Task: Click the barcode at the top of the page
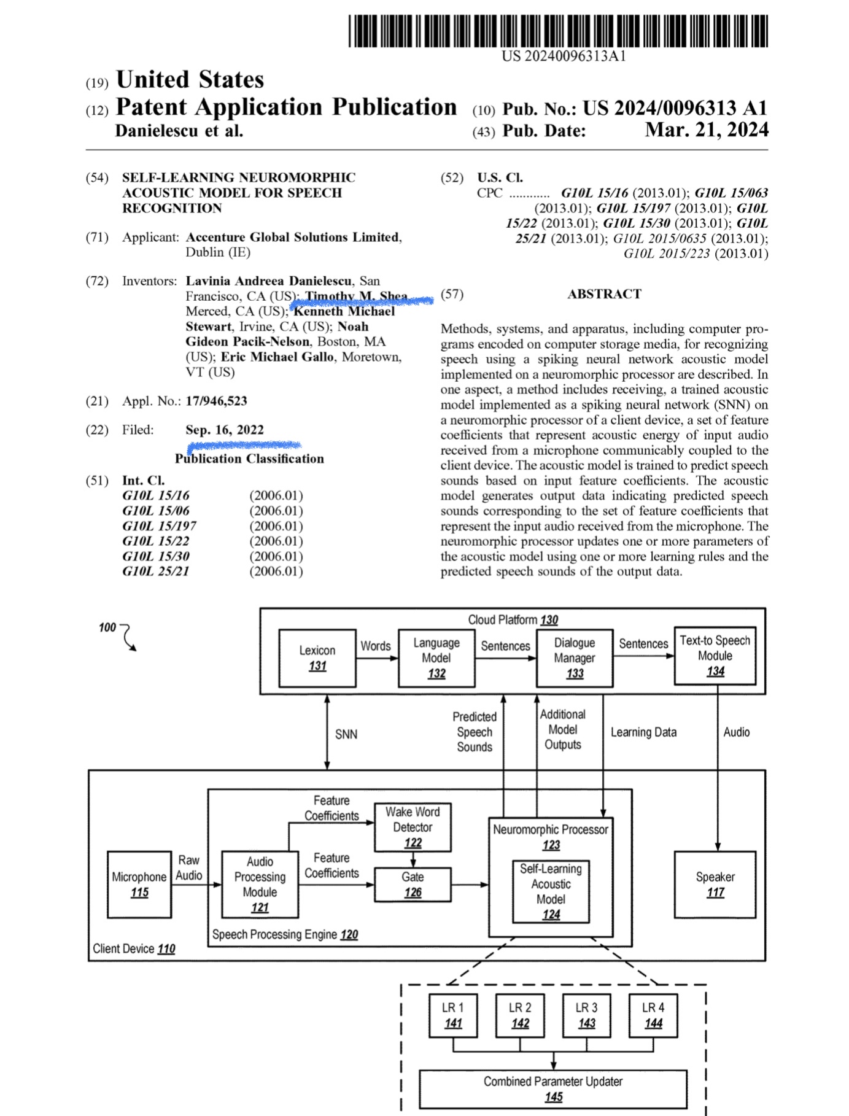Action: (557, 31)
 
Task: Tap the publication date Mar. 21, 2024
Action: (706, 130)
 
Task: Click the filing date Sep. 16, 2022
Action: (225, 430)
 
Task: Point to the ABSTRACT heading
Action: (604, 294)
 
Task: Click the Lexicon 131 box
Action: (317, 658)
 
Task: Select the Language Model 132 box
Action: (436, 658)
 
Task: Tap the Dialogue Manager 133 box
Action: (575, 658)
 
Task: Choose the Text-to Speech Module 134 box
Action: (715, 656)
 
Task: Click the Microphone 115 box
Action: (139, 885)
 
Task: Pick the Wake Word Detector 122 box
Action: (413, 827)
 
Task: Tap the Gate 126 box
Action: (413, 885)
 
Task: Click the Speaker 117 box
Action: (715, 885)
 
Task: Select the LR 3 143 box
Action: (586, 1015)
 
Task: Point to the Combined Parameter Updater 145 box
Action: (553, 1089)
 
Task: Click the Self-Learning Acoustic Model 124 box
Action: (551, 892)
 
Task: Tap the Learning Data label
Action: (643, 732)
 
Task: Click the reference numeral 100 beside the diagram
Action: (107, 627)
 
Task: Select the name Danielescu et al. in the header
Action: (179, 131)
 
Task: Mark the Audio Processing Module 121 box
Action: (260, 885)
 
